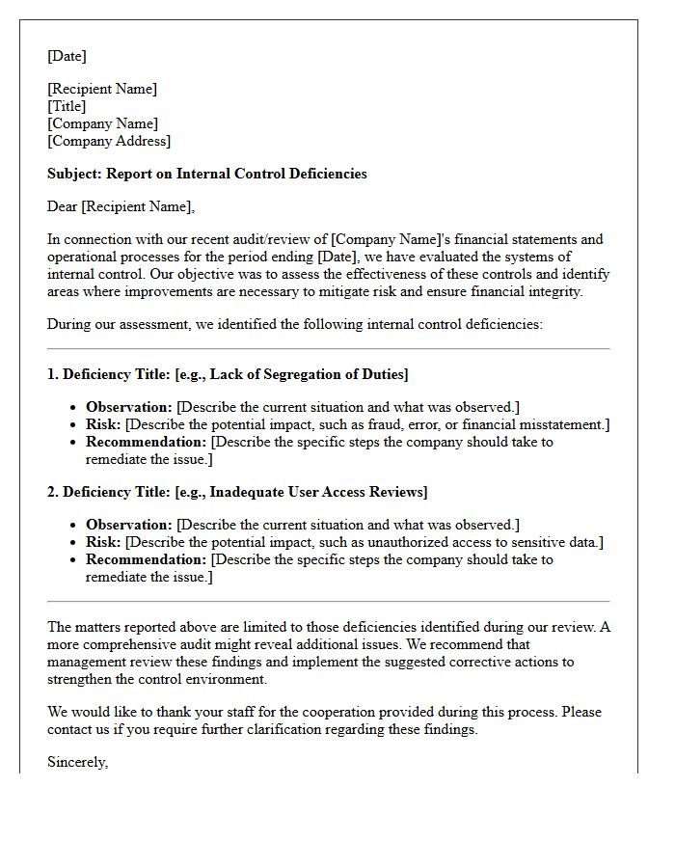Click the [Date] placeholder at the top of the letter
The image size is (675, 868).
67,56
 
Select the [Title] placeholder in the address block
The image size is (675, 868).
67,106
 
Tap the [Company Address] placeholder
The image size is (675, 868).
109,141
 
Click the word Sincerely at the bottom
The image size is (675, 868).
77,762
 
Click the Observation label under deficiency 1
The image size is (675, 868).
128,407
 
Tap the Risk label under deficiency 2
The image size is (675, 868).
103,542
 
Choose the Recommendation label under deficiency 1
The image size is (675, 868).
146,442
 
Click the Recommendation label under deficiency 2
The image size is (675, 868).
146,559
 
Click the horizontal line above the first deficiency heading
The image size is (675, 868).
328,349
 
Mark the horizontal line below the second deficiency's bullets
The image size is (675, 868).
328,602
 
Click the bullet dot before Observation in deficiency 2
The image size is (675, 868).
73,526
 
